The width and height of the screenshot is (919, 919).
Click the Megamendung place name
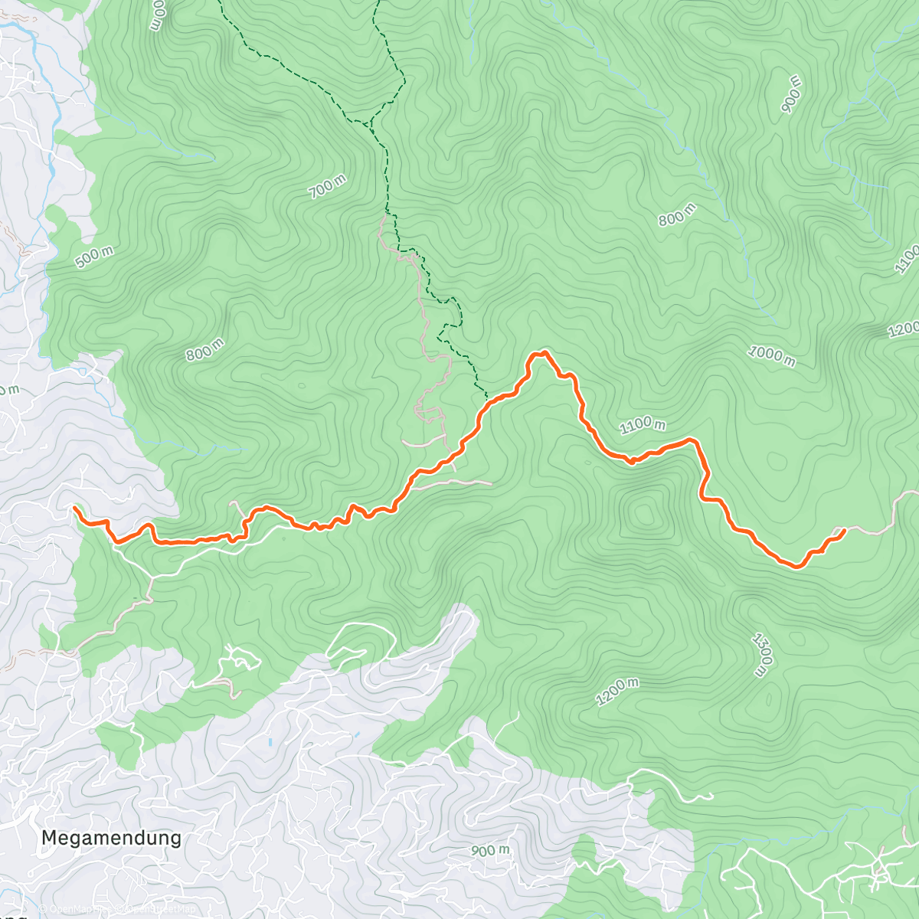[111, 838]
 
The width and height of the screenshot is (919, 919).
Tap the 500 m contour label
[95, 257]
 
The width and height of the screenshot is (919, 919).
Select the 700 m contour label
[329, 187]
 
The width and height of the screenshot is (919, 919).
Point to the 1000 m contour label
[772, 354]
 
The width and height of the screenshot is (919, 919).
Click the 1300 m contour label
[761, 655]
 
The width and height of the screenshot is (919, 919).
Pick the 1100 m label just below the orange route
[643, 424]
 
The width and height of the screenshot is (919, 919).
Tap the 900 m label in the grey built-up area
[490, 851]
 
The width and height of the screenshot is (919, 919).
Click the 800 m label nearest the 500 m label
[205, 349]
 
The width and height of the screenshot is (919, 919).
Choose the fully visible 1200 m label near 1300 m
[617, 692]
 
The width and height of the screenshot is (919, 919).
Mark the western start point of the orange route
[75, 508]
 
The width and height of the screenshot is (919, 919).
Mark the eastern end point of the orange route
[843, 530]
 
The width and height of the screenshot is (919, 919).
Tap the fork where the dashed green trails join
[368, 123]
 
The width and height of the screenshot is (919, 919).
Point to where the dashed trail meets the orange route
[487, 398]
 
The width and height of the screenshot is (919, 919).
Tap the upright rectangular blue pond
[270, 742]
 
